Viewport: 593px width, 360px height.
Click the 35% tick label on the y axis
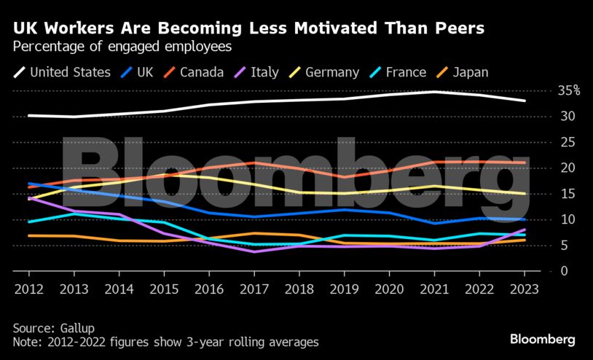click(568, 91)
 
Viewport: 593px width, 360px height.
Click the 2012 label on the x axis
click(29, 289)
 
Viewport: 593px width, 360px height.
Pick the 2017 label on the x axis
click(254, 289)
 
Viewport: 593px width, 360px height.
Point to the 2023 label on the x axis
click(525, 289)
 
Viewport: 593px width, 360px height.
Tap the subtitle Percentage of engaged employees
click(122, 47)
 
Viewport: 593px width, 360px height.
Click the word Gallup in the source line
click(80, 328)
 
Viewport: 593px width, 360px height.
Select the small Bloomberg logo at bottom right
click(543, 339)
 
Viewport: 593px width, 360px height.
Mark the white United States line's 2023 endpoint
click(525, 101)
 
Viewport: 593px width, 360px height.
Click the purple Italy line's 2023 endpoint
click(525, 230)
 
